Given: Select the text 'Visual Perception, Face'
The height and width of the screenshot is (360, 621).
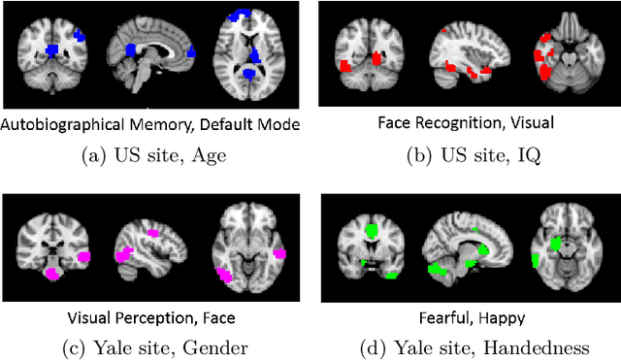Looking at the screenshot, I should coord(151,317).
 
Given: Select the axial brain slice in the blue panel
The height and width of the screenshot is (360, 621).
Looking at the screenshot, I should coord(250,53).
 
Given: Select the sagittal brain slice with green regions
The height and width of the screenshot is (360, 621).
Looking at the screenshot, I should coord(465,247).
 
